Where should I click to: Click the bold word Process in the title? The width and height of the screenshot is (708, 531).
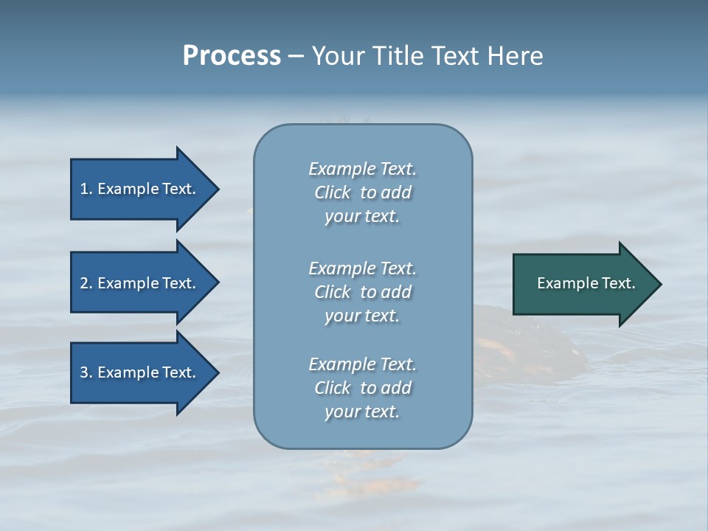[x=232, y=56]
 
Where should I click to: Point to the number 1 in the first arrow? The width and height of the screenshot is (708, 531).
[x=84, y=189]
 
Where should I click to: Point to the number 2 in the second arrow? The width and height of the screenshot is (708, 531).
[x=84, y=283]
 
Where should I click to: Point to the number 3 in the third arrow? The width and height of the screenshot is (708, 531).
[x=84, y=372]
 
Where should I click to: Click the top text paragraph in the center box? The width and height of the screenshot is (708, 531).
[x=362, y=192]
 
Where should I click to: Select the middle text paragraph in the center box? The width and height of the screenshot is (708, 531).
[x=362, y=291]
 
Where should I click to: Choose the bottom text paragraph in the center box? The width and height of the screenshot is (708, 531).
[x=362, y=388]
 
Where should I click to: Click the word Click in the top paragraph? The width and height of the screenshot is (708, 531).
[x=333, y=192]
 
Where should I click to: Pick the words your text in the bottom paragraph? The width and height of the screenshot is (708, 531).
[x=362, y=412]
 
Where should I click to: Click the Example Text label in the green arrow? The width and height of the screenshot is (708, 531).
[x=586, y=283]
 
